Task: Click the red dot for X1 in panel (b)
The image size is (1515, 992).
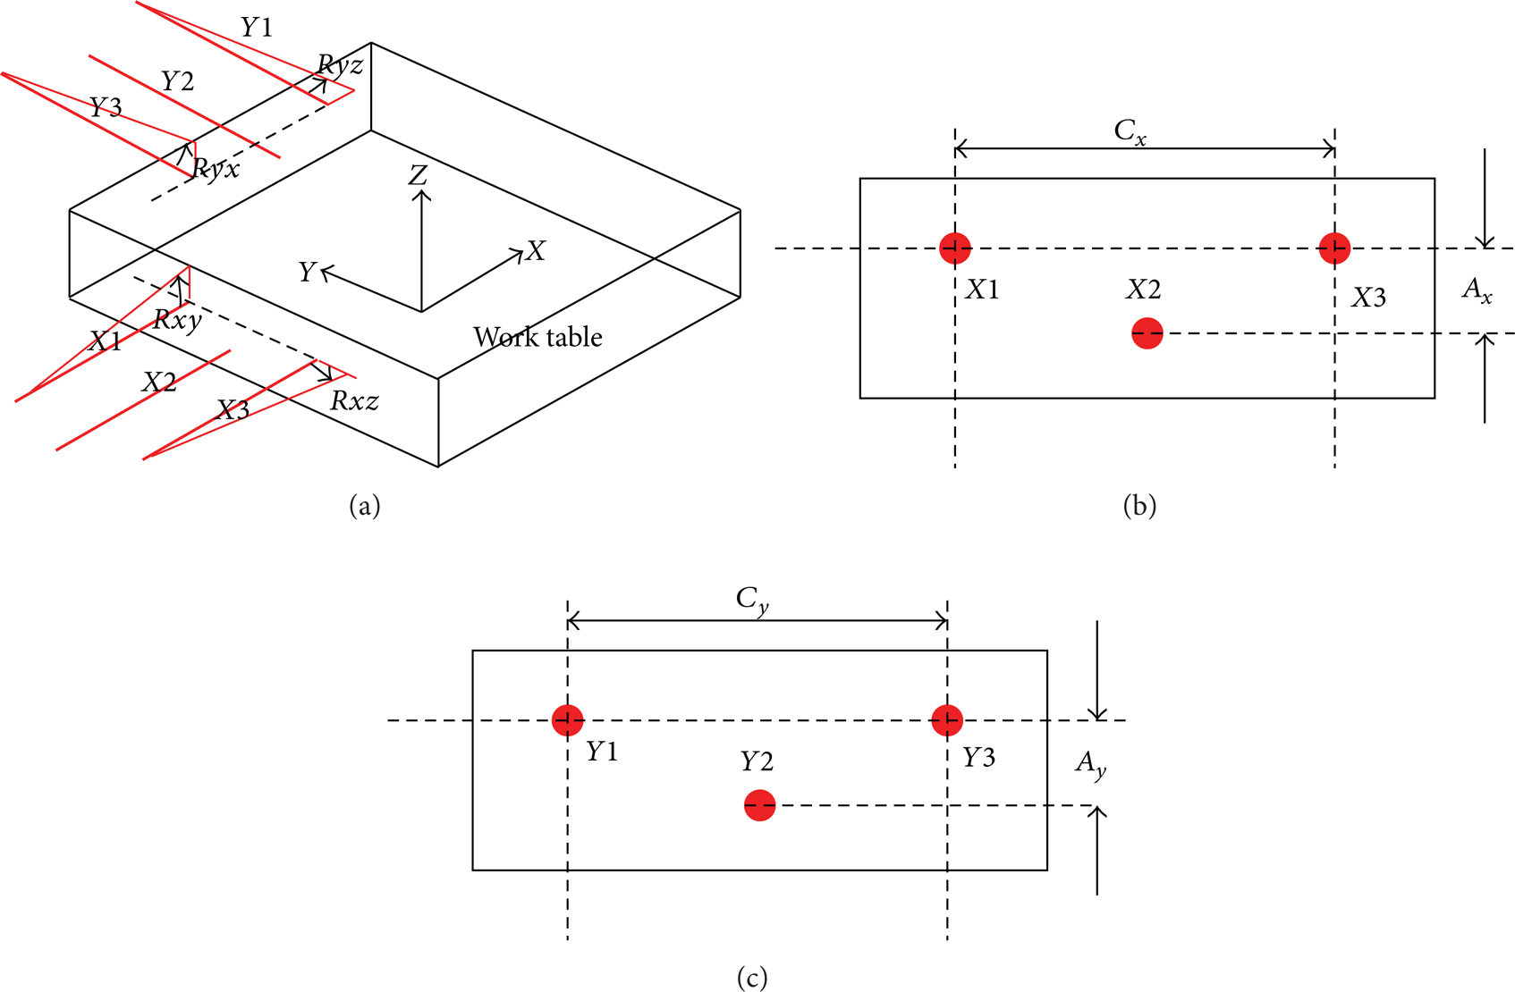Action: (x=955, y=248)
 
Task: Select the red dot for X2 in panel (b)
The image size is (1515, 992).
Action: (x=1147, y=333)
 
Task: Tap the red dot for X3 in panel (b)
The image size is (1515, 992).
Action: (x=1334, y=248)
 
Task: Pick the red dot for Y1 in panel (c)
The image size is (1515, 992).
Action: (x=567, y=720)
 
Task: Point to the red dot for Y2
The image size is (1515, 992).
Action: (x=759, y=805)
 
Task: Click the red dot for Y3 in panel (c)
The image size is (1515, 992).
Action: (x=947, y=720)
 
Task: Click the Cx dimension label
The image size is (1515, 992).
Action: (x=1130, y=131)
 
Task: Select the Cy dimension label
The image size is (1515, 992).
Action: (x=752, y=601)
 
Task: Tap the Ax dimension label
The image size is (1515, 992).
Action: (x=1477, y=291)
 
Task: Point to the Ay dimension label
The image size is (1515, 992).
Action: (x=1091, y=765)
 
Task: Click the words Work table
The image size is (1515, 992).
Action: (x=537, y=337)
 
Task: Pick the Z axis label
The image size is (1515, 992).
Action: (x=418, y=176)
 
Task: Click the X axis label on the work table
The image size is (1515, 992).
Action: (x=535, y=251)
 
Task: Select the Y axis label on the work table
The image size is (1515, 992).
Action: (x=308, y=273)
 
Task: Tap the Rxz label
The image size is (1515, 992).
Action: (x=354, y=401)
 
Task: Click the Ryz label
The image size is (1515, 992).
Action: (x=340, y=66)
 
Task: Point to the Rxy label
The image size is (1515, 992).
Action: (x=177, y=320)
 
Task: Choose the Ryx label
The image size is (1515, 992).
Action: (x=216, y=169)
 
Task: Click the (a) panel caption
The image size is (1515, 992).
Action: (x=365, y=506)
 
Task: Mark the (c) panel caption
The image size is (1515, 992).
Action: (x=752, y=977)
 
